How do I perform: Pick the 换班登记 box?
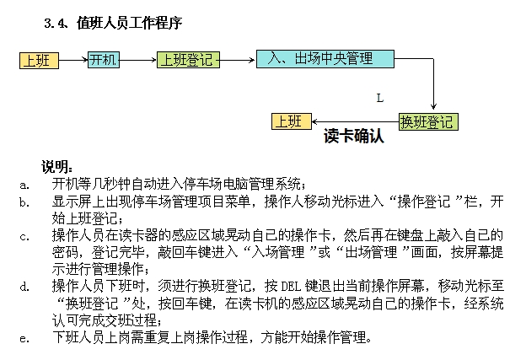pyautogui.click(x=428, y=121)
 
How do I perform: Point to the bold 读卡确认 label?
pyautogui.click(x=354, y=137)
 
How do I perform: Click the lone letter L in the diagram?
pyautogui.click(x=380, y=98)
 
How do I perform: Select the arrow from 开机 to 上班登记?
pyautogui.click(x=139, y=60)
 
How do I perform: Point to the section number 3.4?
pyautogui.click(x=56, y=24)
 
